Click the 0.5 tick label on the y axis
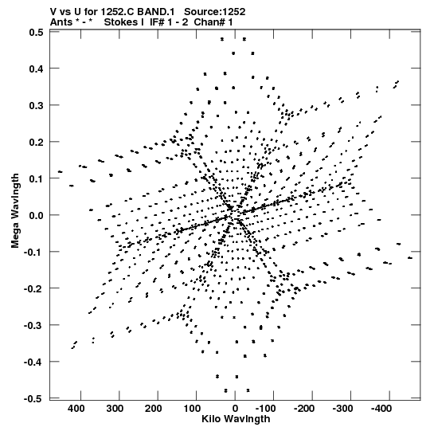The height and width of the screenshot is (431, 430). pos(36,33)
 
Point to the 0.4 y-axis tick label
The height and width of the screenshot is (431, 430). pos(36,69)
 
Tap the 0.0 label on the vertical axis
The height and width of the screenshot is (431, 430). pos(36,215)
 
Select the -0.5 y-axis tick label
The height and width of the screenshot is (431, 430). pos(33,398)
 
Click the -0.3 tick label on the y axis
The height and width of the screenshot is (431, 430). pos(33,326)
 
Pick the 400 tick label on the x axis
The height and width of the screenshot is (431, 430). pos(76,409)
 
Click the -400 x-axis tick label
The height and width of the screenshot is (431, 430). pos(381,409)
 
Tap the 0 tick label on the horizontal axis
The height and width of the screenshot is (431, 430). pos(235,409)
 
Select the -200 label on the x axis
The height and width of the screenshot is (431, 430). pos(304,409)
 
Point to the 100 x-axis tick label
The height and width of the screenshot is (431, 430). pos(192,409)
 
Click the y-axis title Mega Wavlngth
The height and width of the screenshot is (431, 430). pos(15,211)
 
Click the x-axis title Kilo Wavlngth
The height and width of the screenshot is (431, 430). pos(236,419)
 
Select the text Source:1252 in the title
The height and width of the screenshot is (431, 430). pos(214,12)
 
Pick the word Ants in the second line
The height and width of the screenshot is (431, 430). pos(61,22)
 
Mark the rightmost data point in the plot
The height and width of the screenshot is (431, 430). pos(410,258)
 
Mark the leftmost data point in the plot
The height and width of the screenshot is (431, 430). pos(60,172)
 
